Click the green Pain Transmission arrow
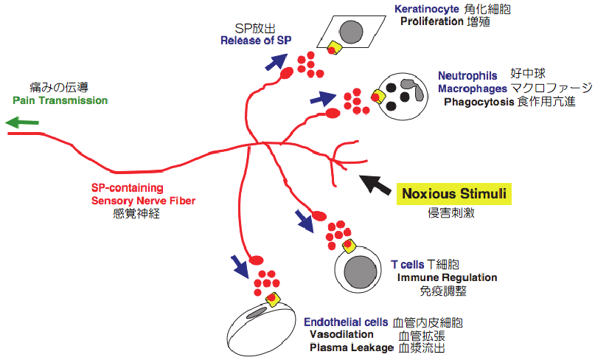coord(21,124)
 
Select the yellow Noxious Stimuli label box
coord(453,195)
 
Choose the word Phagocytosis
coord(479,102)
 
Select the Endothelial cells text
coord(346,322)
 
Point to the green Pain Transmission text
coord(60,100)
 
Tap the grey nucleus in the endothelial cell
coord(258,316)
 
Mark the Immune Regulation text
coord(448,277)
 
